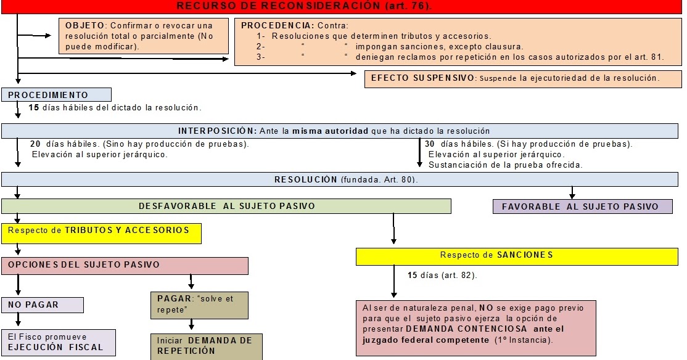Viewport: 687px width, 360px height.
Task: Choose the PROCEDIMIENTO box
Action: [x=56, y=95]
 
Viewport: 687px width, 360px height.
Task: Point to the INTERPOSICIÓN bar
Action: [x=334, y=131]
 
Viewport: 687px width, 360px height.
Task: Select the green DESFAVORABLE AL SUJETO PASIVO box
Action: [x=226, y=206]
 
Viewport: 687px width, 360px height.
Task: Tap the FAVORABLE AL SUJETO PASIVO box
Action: [x=583, y=207]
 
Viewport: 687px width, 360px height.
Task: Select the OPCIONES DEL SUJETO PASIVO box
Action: [x=125, y=265]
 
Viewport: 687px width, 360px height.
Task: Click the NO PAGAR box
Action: [x=43, y=305]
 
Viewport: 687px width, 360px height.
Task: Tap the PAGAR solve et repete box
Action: [x=199, y=305]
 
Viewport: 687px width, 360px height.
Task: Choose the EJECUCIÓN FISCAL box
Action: [x=58, y=342]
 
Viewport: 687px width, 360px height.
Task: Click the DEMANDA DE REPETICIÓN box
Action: [x=206, y=346]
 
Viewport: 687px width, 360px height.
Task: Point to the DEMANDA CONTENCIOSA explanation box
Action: [x=475, y=327]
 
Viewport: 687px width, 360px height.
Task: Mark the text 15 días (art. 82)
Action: [x=442, y=275]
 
